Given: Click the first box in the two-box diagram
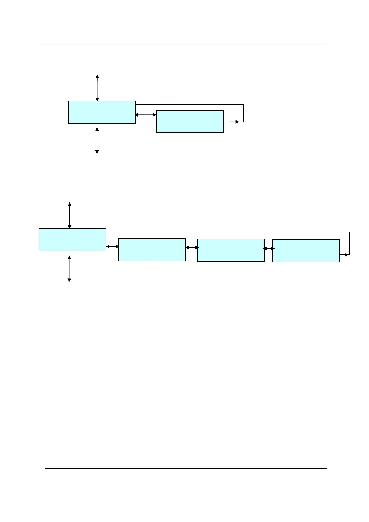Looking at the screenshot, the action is [102, 112].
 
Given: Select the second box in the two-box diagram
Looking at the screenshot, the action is [190, 122].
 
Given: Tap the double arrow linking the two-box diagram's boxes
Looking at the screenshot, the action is [146, 115].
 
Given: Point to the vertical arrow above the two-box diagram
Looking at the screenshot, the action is [97, 88].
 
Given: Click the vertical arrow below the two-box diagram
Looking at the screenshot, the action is [97, 140].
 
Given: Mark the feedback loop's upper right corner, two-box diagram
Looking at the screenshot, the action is [243, 105].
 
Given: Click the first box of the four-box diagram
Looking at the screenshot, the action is [72, 240].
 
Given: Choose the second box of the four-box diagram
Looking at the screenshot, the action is [152, 250].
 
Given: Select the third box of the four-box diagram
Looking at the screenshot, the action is [230, 250].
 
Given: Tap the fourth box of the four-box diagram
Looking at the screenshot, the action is [306, 250].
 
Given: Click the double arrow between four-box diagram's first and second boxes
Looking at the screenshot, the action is [112, 246].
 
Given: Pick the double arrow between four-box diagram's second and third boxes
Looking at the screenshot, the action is [192, 247].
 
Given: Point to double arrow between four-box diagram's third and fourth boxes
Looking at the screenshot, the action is [269, 248].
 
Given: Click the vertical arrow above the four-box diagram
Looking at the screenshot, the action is [69, 215].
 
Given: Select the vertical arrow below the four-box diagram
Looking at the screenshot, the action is [69, 269].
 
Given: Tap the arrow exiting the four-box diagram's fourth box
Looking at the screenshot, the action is [345, 255].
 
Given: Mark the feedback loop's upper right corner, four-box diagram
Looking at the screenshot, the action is [349, 232].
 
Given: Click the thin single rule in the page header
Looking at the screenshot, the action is [184, 44].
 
